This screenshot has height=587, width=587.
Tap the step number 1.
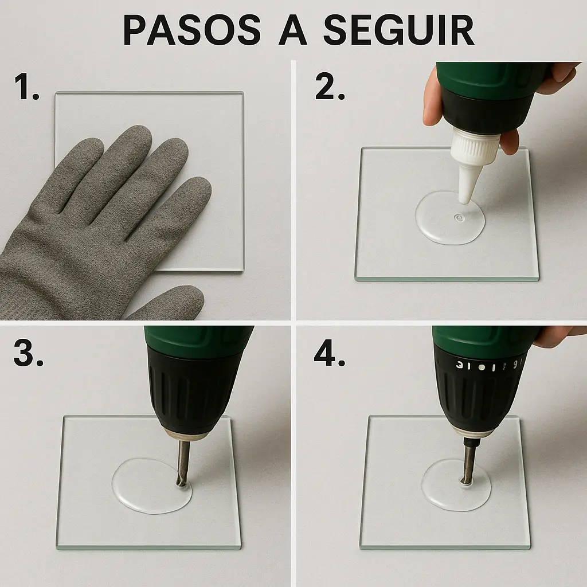tap(26, 87)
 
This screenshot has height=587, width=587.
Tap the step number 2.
tap(330, 87)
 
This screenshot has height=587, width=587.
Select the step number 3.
tap(28, 353)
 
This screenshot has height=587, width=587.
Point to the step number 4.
tap(330, 353)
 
